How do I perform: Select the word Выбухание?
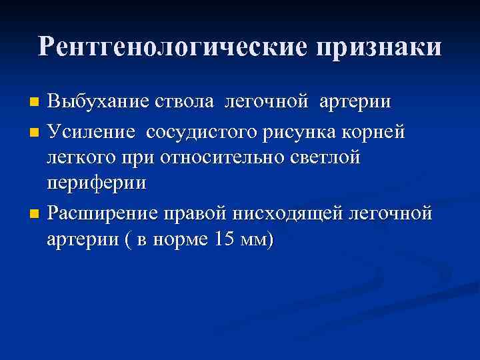point(97,103)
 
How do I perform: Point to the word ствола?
point(185,103)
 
